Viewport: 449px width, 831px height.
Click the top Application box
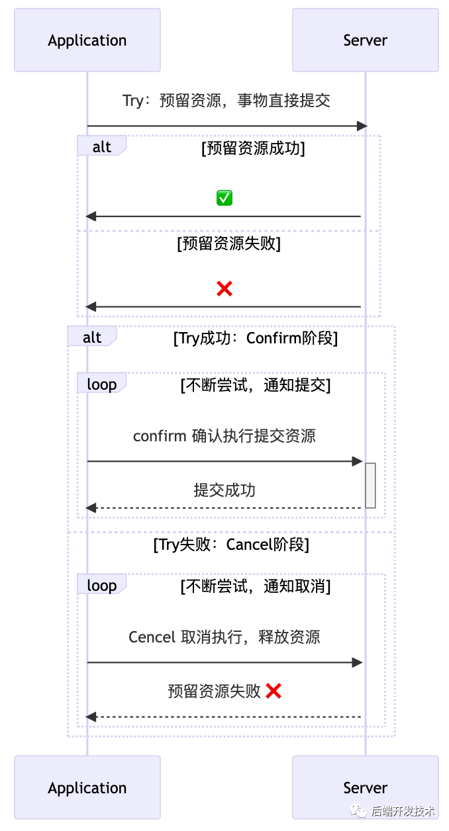[87, 40]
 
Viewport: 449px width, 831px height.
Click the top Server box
[365, 40]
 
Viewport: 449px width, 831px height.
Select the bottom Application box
[87, 787]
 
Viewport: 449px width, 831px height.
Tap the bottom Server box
[365, 787]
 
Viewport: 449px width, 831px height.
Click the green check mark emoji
[224, 198]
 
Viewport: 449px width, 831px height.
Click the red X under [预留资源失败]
[224, 288]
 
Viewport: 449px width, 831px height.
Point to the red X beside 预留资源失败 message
[274, 691]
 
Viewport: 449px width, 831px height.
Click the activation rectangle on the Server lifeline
[370, 485]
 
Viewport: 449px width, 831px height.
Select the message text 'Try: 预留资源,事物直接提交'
[226, 101]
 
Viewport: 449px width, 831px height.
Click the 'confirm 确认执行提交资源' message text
[224, 436]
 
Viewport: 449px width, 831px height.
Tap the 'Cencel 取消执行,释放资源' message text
[224, 637]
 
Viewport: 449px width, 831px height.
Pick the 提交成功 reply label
[224, 490]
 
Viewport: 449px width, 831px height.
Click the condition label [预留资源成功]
[253, 148]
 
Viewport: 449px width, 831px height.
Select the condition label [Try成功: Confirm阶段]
[256, 339]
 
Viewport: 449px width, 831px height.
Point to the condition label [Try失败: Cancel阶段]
[231, 545]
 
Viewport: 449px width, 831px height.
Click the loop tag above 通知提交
[101, 384]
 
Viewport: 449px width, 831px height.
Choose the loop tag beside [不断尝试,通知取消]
[101, 586]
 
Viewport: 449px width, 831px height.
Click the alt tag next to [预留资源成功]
[101, 147]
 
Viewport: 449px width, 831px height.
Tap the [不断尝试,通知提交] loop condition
[256, 385]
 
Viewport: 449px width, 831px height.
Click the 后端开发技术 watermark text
[403, 810]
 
